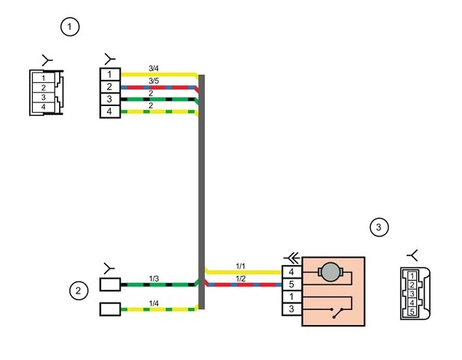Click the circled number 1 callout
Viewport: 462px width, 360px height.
click(70, 27)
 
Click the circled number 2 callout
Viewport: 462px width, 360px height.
click(78, 291)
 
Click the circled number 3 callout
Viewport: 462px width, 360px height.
click(379, 227)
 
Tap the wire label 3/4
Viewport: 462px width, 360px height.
click(153, 69)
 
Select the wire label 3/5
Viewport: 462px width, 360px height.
click(153, 81)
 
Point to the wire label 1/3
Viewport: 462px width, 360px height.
click(154, 279)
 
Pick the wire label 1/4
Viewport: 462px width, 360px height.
click(154, 303)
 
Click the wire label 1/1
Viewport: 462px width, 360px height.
click(241, 266)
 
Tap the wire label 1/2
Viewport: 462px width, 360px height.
click(241, 279)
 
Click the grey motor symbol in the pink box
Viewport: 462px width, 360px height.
click(330, 272)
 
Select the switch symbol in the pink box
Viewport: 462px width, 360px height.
click(338, 313)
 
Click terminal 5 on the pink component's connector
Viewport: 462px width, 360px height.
click(292, 284)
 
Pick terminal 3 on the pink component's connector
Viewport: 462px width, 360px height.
click(292, 309)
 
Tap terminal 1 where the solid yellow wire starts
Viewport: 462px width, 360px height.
click(110, 74)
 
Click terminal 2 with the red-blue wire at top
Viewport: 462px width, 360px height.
click(110, 87)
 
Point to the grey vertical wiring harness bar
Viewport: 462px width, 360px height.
click(202, 192)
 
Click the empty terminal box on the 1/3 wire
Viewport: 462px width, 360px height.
click(110, 285)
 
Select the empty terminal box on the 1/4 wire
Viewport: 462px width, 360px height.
click(110, 309)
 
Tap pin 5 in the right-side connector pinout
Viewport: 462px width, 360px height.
click(412, 311)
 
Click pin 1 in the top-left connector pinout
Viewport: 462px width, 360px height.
click(43, 78)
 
